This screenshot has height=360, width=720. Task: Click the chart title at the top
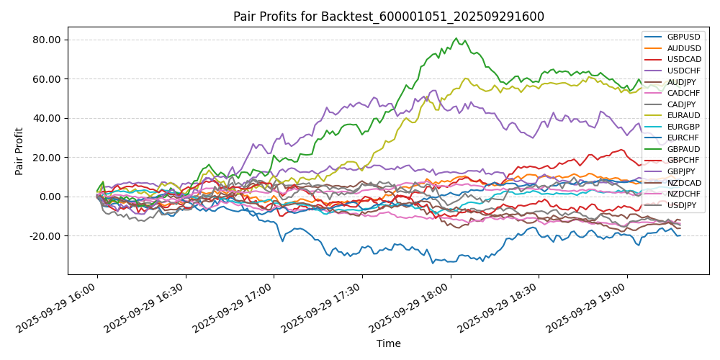pyautogui.click(x=388, y=17)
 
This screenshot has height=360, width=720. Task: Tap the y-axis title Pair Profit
pyautogui.click(x=19, y=151)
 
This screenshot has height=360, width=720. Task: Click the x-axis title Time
pyautogui.click(x=388, y=344)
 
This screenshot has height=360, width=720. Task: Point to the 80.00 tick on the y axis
pyautogui.click(x=47, y=40)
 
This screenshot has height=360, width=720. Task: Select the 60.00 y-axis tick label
pyautogui.click(x=47, y=79)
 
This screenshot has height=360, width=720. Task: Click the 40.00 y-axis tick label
pyautogui.click(x=47, y=118)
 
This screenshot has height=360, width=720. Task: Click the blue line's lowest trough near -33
pyautogui.click(x=433, y=263)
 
